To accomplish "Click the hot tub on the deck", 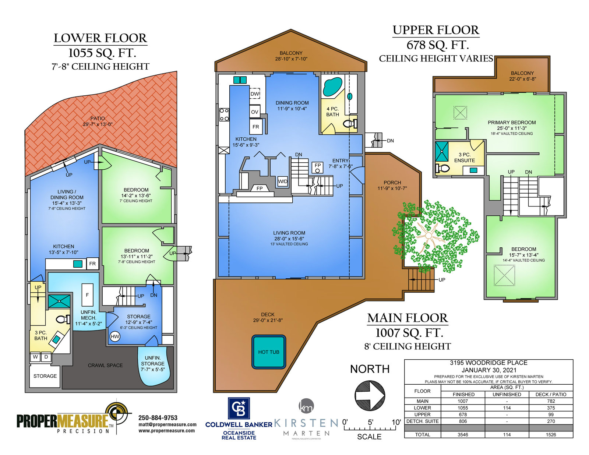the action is click(268, 352).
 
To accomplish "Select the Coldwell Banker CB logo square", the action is click(239, 408).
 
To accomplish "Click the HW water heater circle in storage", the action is click(115, 336).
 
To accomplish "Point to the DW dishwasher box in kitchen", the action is click(254, 94).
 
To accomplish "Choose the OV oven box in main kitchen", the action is click(254, 112).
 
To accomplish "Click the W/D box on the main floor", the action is click(282, 181).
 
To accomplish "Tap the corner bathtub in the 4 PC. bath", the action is click(332, 87).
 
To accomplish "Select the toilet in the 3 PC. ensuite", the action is click(442, 168).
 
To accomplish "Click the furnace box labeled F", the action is click(87, 295).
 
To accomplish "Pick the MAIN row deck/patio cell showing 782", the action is click(550, 401).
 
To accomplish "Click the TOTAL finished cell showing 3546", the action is click(463, 435).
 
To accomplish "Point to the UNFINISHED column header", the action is click(507, 395).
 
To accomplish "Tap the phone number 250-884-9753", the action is click(158, 418).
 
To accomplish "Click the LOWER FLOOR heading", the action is click(100, 38).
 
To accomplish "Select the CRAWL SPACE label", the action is click(105, 365).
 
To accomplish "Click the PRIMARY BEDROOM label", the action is click(512, 123).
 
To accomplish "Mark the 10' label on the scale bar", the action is click(396, 422).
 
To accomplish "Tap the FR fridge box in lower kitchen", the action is click(92, 264).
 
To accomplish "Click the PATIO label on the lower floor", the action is click(98, 119).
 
